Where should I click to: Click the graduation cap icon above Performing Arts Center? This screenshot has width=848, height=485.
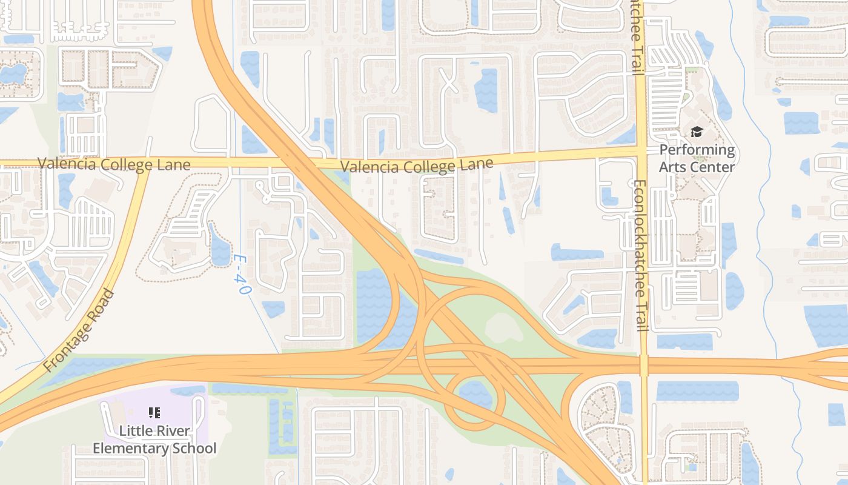pyautogui.click(x=697, y=132)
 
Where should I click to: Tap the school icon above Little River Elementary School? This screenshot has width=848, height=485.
pyautogui.click(x=154, y=413)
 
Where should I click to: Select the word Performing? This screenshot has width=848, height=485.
pyautogui.click(x=697, y=150)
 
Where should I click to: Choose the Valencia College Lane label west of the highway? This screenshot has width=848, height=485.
pyautogui.click(x=114, y=164)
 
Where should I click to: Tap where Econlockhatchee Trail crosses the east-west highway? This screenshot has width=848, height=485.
pyautogui.click(x=643, y=366)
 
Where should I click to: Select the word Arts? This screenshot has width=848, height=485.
pyautogui.click(x=674, y=167)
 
